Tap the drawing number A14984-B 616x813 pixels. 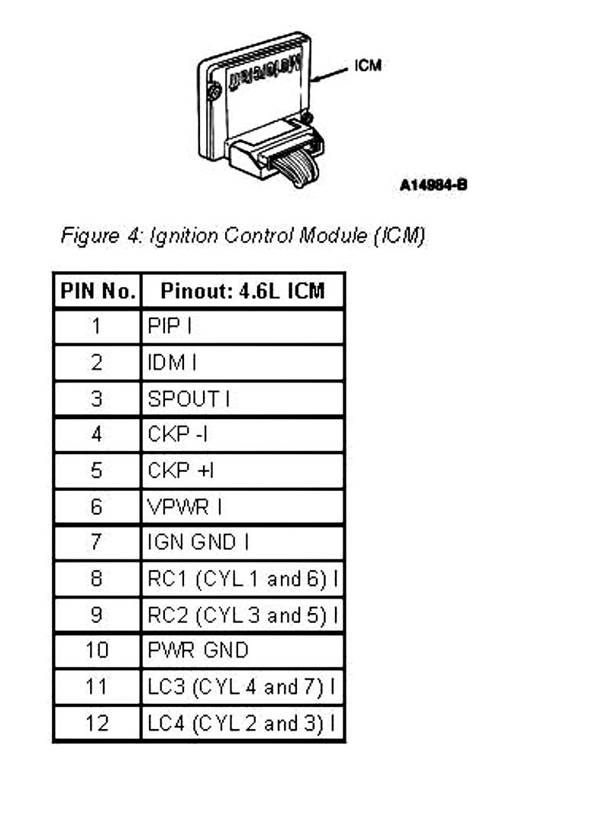tap(433, 185)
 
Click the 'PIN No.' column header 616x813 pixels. tap(97, 291)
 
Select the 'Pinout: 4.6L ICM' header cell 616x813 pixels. tap(243, 291)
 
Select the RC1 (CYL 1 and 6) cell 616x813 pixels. tap(242, 579)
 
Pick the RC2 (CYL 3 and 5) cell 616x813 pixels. tap(242, 615)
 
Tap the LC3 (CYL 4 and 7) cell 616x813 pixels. tap(242, 687)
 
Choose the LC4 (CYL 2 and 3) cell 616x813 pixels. tap(242, 723)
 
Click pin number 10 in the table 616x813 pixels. tap(97, 650)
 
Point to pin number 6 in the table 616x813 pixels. tap(97, 506)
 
